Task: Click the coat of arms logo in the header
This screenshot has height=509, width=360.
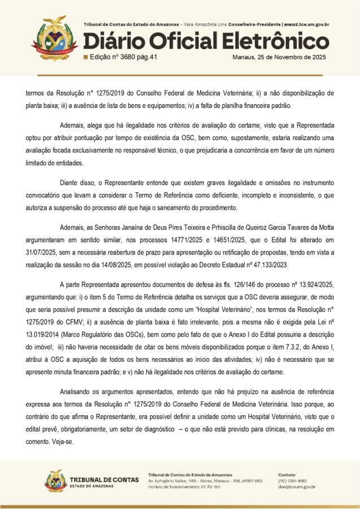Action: [54, 38]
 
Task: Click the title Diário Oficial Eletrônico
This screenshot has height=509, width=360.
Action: [206, 42]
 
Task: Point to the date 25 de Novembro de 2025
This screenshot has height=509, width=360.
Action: [280, 58]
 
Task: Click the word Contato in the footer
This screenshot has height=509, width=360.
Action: [288, 474]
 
